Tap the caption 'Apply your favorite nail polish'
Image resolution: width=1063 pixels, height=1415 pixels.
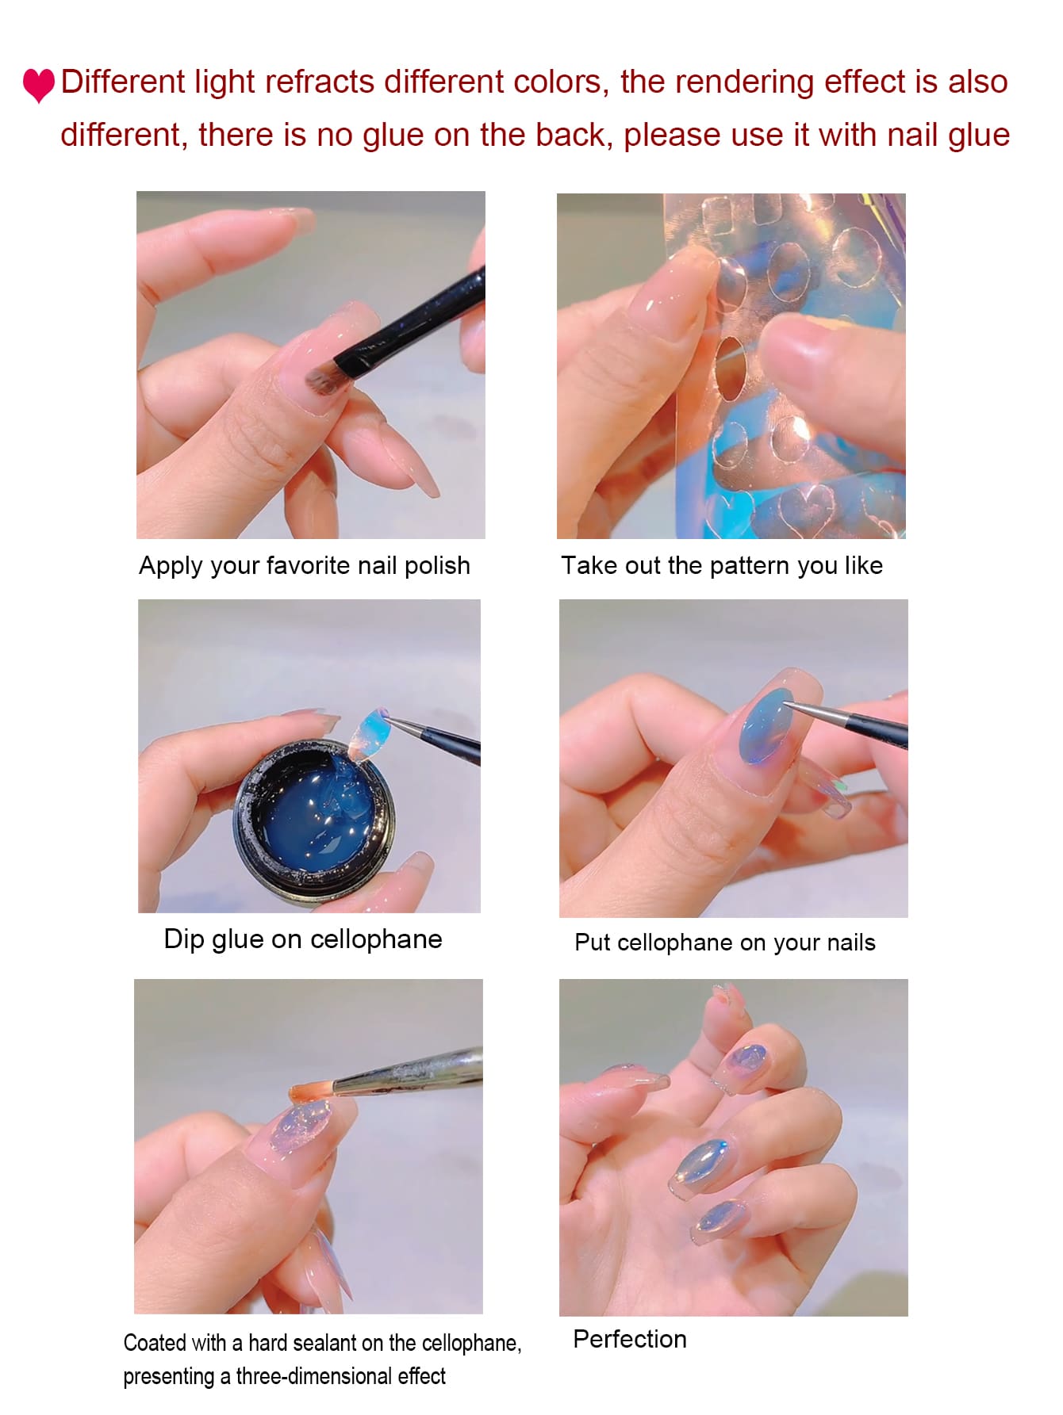tap(305, 566)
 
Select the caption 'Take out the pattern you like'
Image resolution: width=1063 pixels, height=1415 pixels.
tap(722, 565)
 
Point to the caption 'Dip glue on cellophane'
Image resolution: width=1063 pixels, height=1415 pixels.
tap(303, 939)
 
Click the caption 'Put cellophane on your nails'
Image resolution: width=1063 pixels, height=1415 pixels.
tap(725, 943)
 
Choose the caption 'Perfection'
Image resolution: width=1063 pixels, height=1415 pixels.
tap(630, 1339)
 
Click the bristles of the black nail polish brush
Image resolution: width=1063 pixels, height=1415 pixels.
tap(326, 379)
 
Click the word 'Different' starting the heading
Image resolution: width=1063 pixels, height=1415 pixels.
tap(123, 82)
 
